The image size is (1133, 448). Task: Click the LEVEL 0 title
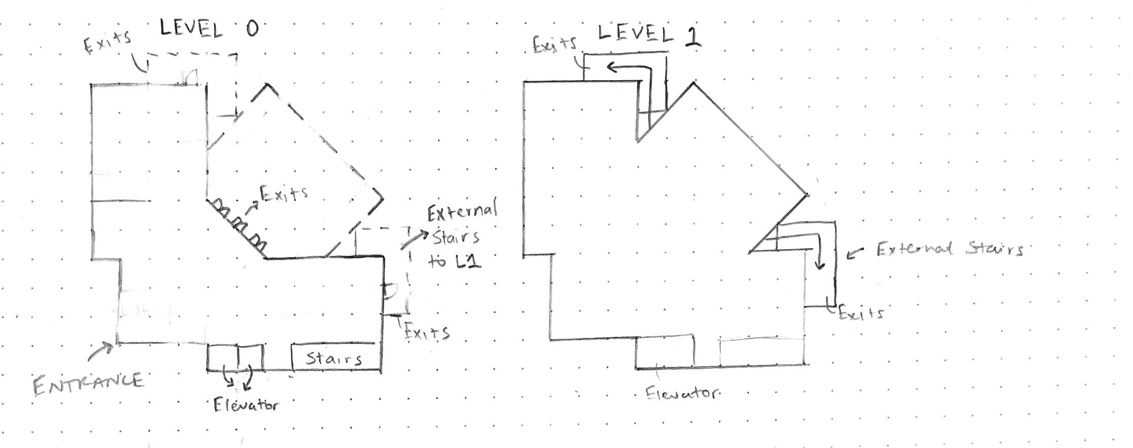209,29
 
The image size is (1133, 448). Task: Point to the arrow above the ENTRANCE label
101,350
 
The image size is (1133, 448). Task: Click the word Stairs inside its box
335,359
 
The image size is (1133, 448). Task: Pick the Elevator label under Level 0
246,405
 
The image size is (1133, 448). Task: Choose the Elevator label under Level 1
682,393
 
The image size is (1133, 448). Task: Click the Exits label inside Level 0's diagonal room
284,193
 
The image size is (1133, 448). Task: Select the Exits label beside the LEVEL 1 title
555,45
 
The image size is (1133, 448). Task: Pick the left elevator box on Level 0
223,357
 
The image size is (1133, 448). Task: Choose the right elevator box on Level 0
250,357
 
